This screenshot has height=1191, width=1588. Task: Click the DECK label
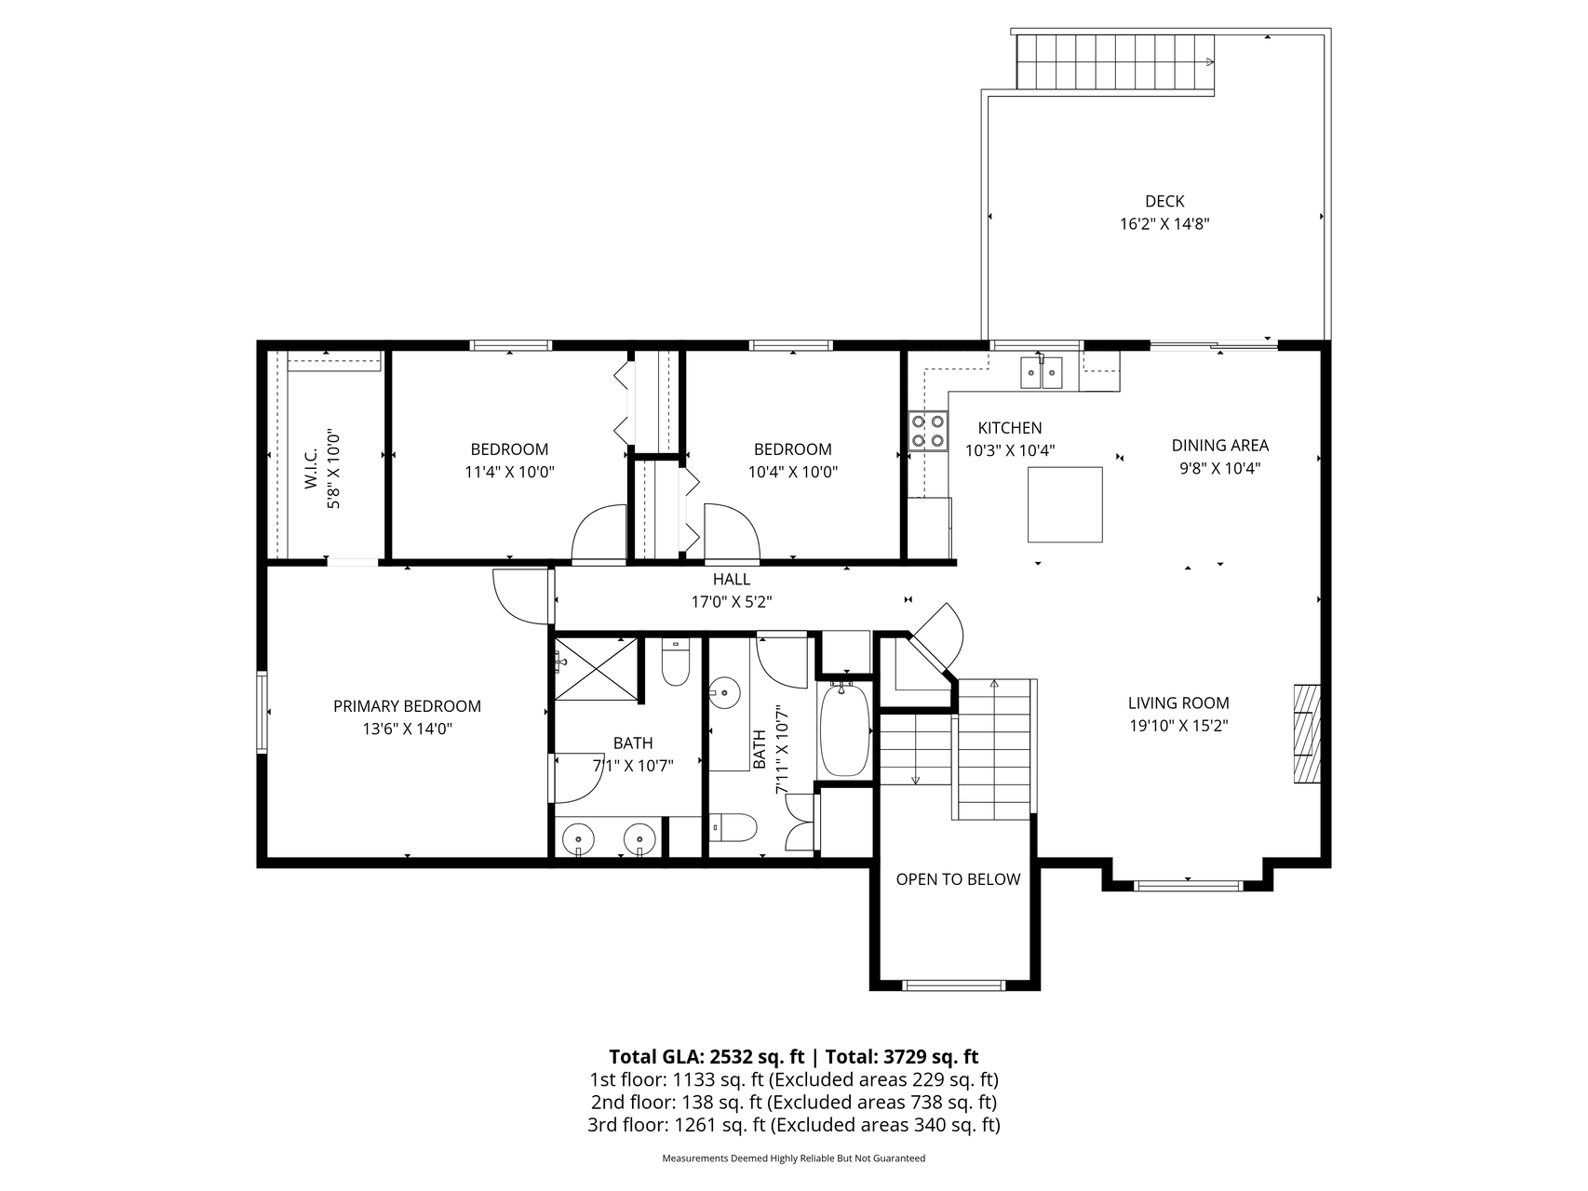pos(1164,201)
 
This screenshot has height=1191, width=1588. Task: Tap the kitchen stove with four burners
pos(928,431)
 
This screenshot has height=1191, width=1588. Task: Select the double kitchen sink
pos(1042,371)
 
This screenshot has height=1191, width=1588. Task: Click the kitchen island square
pos(1065,504)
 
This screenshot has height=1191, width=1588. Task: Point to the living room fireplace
pos(1307,734)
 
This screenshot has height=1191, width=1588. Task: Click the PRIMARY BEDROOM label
pos(407,706)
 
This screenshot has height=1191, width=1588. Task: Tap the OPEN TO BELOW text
pos(958,879)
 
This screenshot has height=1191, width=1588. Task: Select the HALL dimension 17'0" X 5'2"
pos(732,602)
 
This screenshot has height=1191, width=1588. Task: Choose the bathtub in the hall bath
pos(844,729)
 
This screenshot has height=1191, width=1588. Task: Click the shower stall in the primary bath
pos(597,668)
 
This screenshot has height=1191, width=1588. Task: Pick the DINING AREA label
pos(1219,446)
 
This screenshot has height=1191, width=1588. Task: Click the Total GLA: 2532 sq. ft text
pos(707,1057)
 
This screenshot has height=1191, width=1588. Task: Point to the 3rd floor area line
pos(793,1125)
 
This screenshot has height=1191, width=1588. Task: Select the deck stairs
pos(1115,62)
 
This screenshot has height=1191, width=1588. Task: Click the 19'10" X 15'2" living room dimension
pos(1178,726)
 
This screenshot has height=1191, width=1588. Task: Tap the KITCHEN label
pos(1010,428)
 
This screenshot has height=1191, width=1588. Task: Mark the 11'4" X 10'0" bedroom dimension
pos(509,472)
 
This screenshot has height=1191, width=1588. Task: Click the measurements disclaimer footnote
pos(793,1158)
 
